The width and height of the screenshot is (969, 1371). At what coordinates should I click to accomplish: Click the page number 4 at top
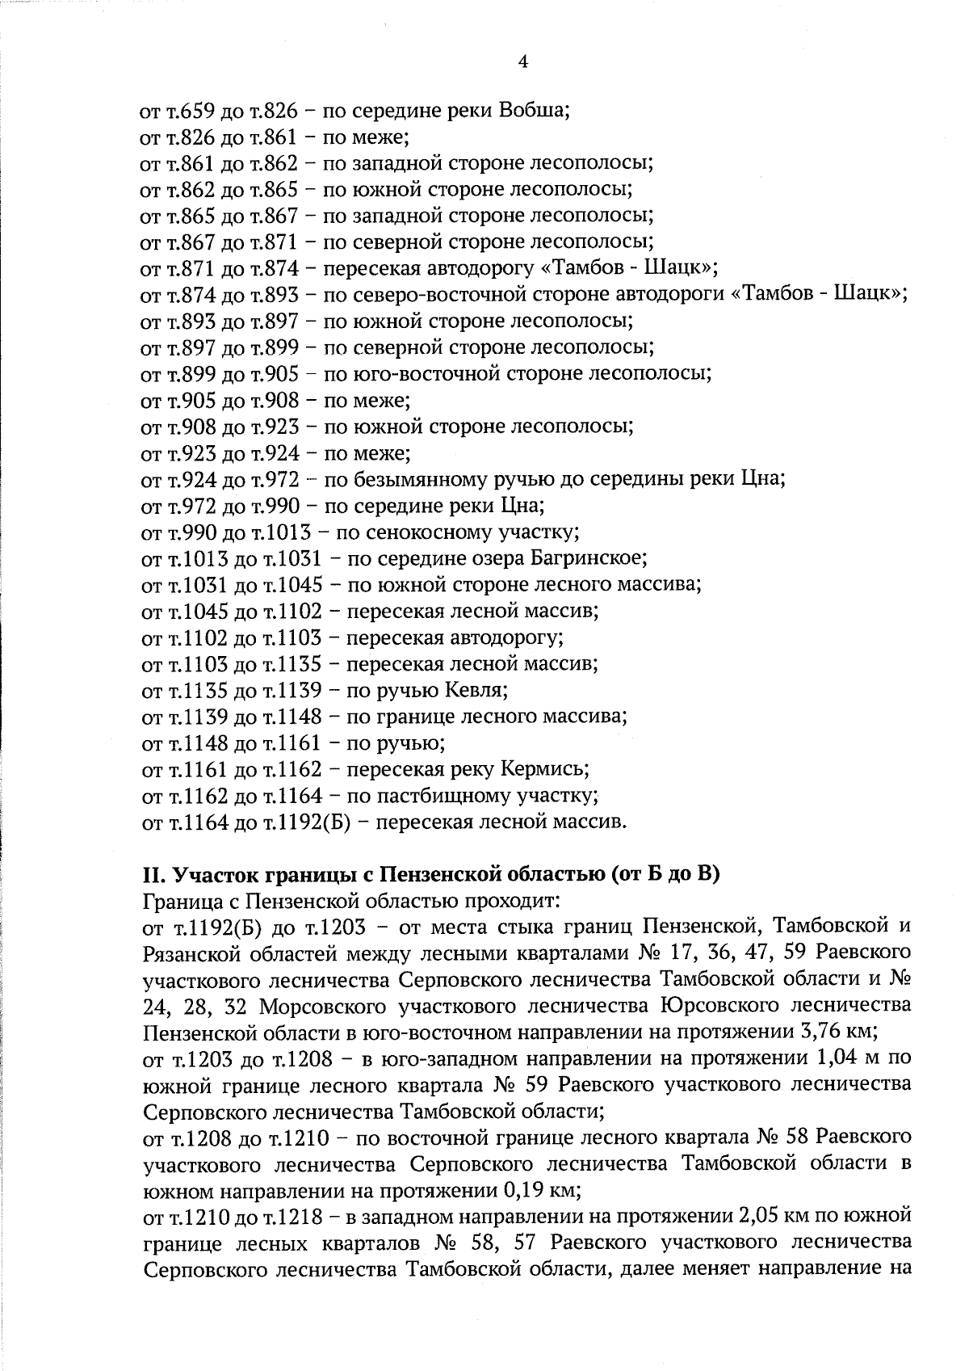pyautogui.click(x=522, y=62)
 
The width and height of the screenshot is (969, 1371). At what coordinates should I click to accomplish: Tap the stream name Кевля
pyautogui.click(x=476, y=691)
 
